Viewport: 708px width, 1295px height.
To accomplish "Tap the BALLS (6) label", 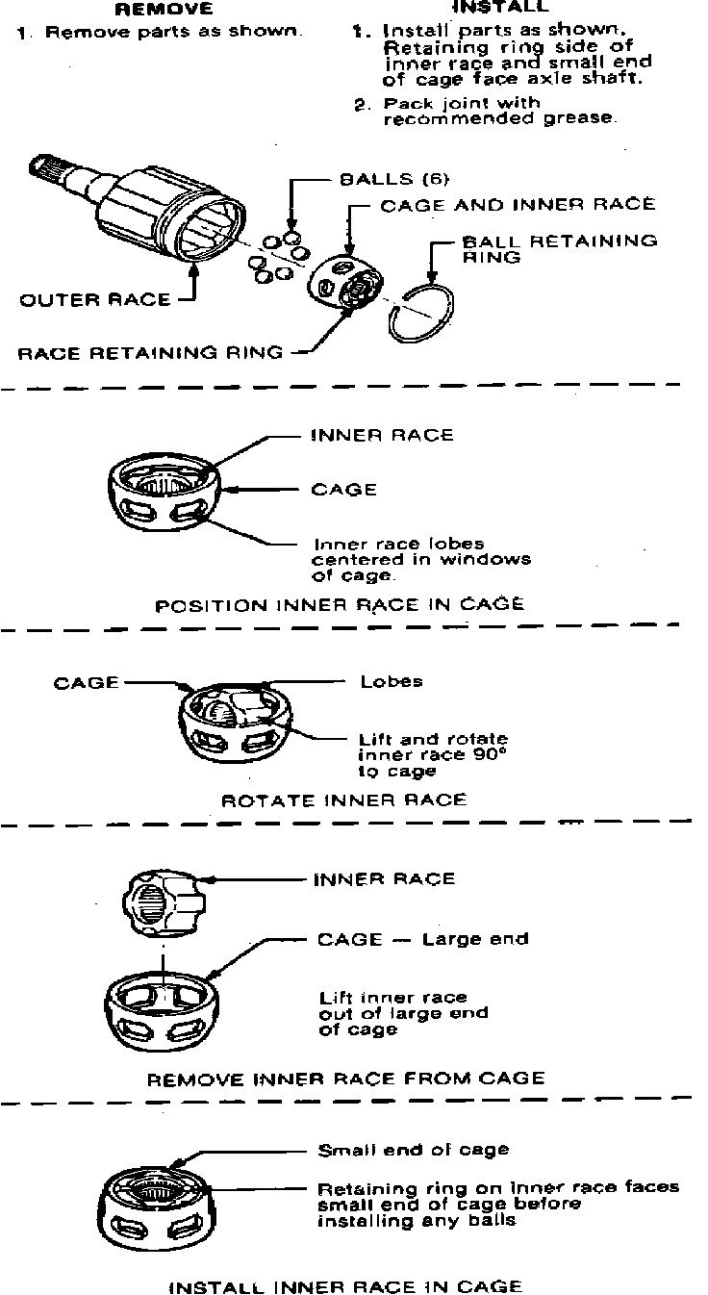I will (394, 179).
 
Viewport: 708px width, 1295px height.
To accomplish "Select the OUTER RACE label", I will (94, 299).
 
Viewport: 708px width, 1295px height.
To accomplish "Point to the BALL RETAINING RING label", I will (560, 248).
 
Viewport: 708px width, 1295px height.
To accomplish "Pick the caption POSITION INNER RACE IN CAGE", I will (340, 605).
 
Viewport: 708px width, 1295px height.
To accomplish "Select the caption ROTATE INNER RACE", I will (343, 800).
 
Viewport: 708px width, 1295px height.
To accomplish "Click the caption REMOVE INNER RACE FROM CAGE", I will (345, 1079).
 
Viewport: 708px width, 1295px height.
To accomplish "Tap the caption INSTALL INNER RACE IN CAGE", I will (345, 1286).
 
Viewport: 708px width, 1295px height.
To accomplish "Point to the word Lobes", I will (391, 681).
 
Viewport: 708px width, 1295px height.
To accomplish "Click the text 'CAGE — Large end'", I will (422, 939).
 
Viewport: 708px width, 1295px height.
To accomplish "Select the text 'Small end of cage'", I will (414, 1150).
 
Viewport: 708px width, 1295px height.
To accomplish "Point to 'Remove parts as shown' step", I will (160, 32).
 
